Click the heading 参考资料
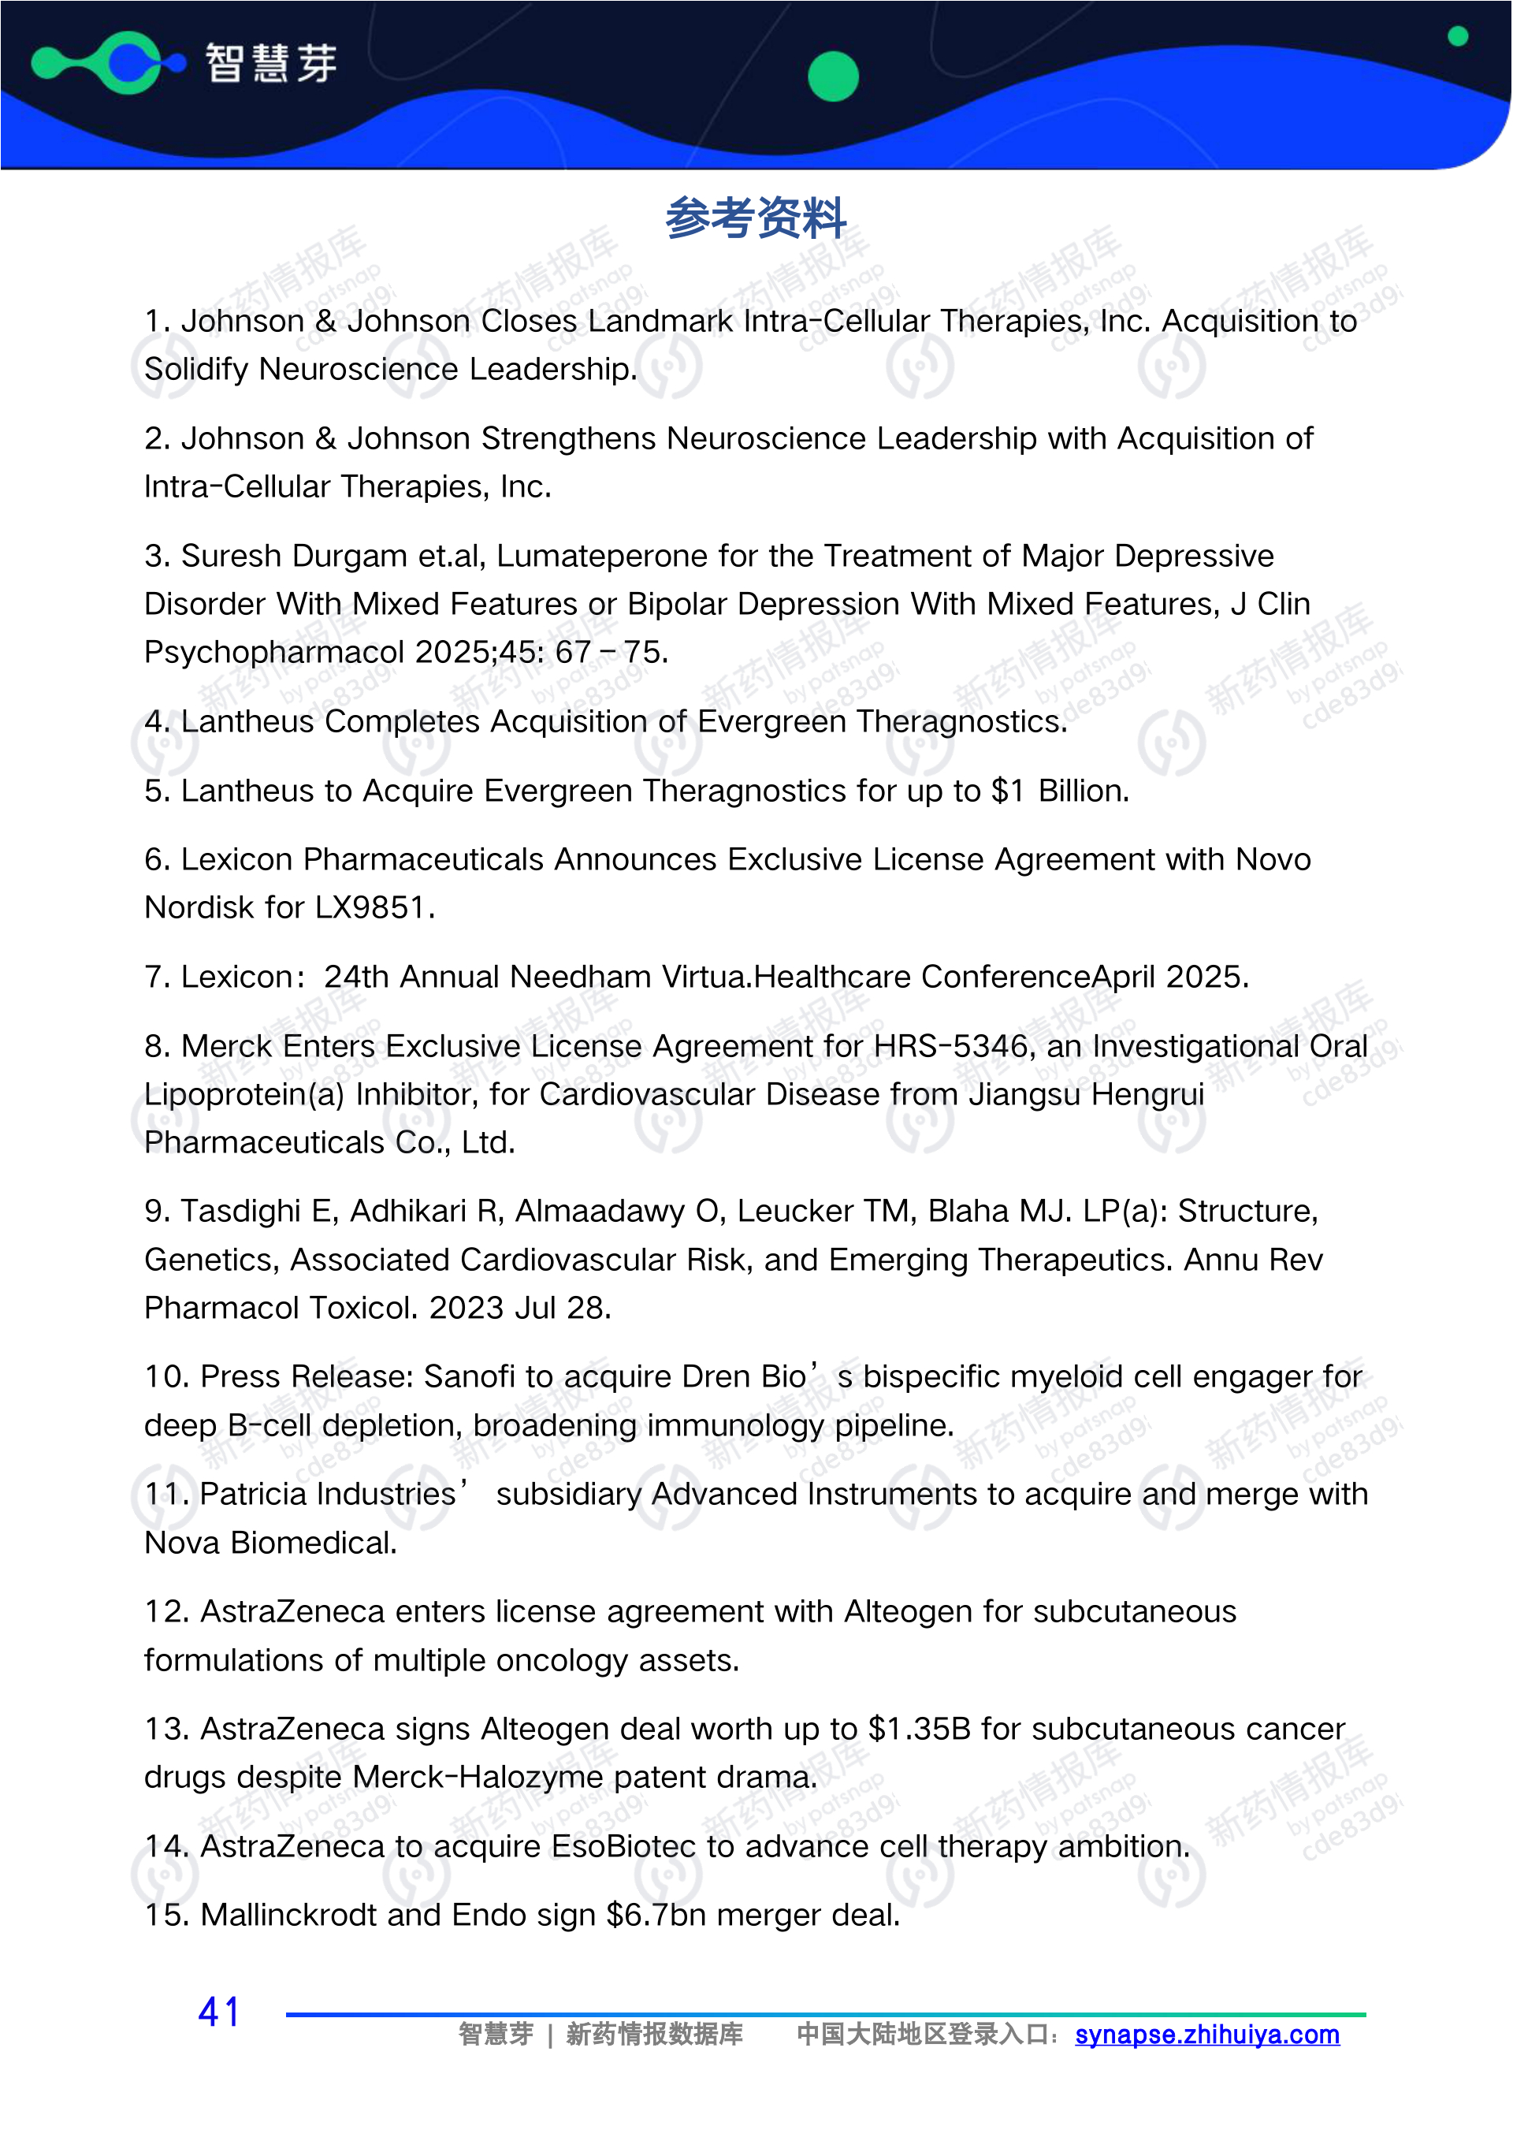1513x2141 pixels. [755, 218]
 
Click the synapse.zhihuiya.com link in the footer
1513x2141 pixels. [1206, 2034]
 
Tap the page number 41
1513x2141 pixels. [220, 2013]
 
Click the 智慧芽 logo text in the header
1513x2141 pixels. [270, 63]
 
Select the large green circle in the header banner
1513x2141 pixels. [832, 76]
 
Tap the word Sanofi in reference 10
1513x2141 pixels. [469, 1376]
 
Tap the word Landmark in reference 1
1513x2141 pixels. [659, 321]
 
